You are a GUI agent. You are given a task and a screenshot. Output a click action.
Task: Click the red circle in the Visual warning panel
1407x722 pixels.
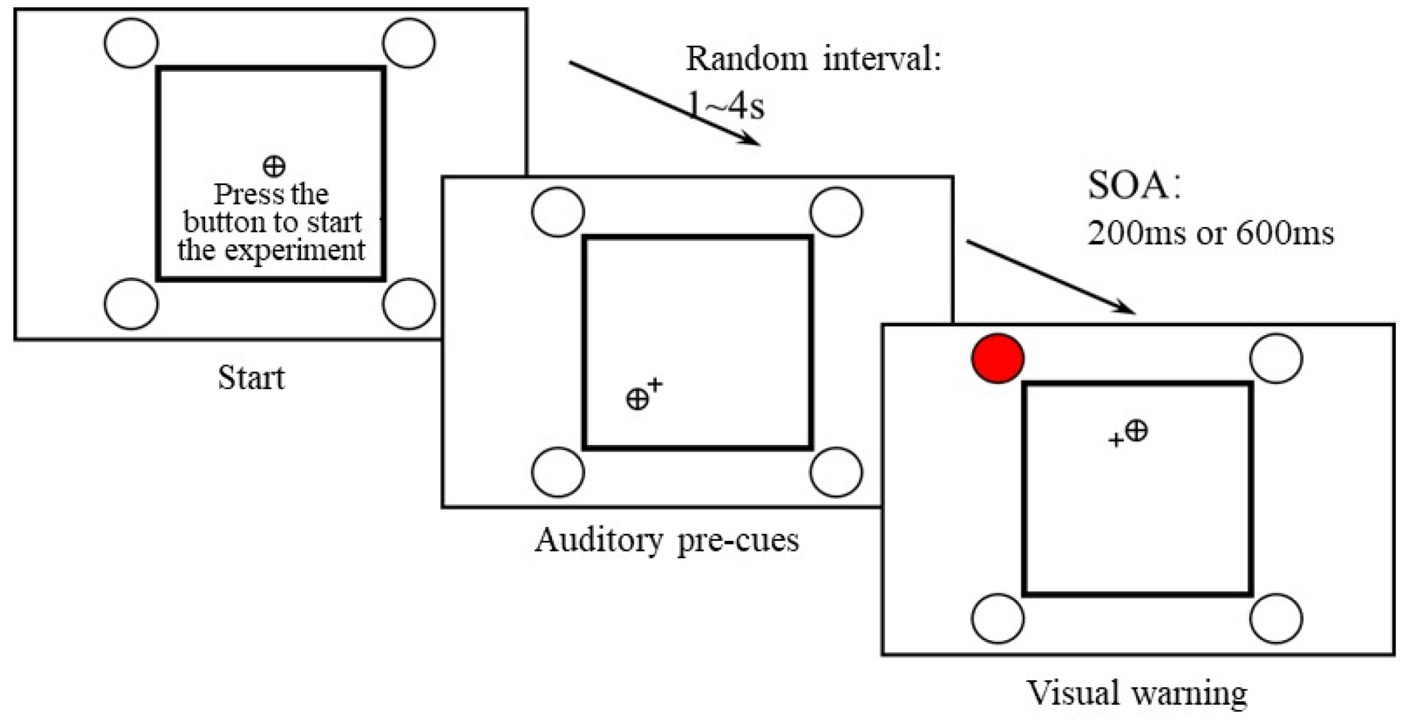click(x=997, y=358)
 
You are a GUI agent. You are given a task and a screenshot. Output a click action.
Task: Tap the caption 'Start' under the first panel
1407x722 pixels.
click(x=250, y=378)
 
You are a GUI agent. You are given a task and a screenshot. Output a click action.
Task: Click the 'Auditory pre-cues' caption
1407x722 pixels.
click(x=667, y=540)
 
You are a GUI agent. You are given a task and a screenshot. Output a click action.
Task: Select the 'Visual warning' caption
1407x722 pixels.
click(x=1137, y=693)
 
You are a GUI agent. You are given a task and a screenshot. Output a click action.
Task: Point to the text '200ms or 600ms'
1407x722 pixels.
click(x=1210, y=234)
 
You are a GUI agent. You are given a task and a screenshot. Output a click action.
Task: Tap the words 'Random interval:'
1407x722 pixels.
click(x=813, y=59)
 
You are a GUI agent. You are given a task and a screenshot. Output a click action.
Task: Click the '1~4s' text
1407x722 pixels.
click(x=726, y=106)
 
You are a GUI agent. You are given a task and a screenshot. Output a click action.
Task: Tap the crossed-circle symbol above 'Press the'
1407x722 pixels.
click(x=274, y=166)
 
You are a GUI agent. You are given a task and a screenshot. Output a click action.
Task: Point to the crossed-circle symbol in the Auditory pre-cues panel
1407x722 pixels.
click(x=637, y=399)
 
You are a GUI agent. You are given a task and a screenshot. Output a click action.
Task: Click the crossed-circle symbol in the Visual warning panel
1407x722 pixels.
click(x=1137, y=431)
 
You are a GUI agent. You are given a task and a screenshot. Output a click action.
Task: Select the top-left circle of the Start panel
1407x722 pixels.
click(x=131, y=43)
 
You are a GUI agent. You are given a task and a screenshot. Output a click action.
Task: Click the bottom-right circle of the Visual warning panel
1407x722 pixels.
click(x=1276, y=619)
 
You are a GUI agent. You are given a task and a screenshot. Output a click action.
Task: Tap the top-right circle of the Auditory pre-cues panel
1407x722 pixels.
click(x=836, y=212)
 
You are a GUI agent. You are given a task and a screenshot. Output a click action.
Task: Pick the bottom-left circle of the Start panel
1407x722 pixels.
click(x=131, y=304)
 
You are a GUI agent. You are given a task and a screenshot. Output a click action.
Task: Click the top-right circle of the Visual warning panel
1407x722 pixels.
click(x=1276, y=358)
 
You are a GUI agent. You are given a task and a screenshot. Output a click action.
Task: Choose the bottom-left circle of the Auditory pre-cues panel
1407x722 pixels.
click(x=558, y=472)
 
